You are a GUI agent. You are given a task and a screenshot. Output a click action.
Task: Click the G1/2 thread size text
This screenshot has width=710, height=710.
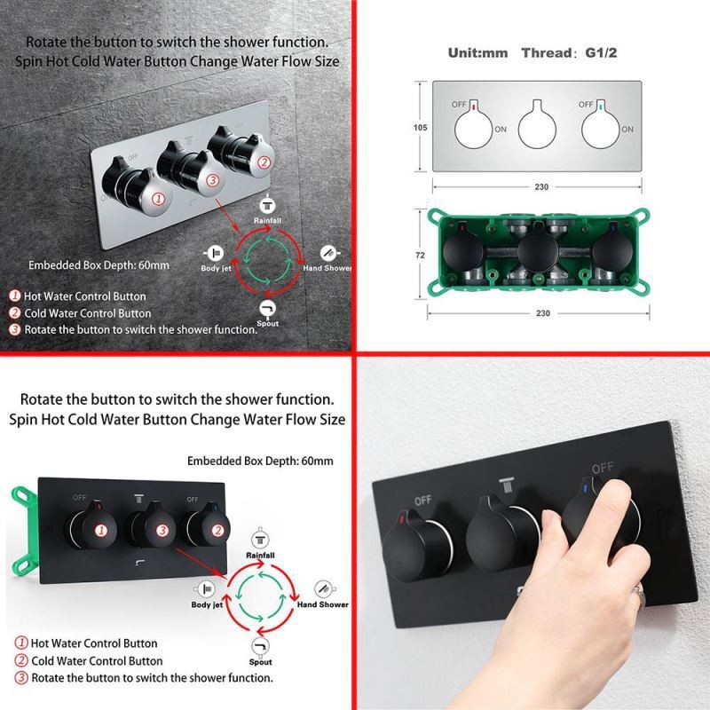(x=601, y=53)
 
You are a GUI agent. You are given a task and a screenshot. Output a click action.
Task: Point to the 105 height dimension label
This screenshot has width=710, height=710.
(x=420, y=128)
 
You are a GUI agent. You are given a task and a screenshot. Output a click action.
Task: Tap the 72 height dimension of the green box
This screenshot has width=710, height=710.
(x=420, y=256)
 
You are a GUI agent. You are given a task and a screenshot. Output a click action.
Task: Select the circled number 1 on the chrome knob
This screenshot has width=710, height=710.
(x=158, y=198)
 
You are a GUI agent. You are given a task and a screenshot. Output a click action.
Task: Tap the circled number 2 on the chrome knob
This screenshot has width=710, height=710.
(x=264, y=162)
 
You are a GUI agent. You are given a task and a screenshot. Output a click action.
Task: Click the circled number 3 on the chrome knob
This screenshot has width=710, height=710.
(x=212, y=180)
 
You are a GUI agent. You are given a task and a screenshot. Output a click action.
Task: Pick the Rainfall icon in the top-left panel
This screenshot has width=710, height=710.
(x=267, y=206)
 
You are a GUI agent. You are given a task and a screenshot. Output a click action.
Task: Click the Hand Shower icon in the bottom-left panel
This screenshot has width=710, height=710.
(x=325, y=589)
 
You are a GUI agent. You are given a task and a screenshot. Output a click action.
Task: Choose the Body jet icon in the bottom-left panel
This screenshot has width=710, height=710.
(x=205, y=589)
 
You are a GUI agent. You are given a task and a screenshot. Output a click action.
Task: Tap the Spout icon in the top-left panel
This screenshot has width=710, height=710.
(x=268, y=308)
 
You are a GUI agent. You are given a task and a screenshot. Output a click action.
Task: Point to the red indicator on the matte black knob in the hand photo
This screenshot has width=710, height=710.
(x=401, y=518)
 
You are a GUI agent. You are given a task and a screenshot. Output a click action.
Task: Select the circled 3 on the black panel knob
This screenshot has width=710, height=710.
(x=162, y=530)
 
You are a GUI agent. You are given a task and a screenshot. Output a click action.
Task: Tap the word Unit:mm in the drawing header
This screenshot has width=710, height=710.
(x=477, y=53)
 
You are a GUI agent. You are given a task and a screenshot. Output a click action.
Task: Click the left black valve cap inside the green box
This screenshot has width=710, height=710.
(x=462, y=250)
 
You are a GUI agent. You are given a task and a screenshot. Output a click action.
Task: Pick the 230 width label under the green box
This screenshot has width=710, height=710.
(x=542, y=313)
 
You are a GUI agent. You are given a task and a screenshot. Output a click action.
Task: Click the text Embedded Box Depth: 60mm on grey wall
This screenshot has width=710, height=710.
(x=99, y=265)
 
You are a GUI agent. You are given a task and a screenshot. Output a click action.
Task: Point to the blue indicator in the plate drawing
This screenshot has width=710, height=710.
(x=601, y=107)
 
